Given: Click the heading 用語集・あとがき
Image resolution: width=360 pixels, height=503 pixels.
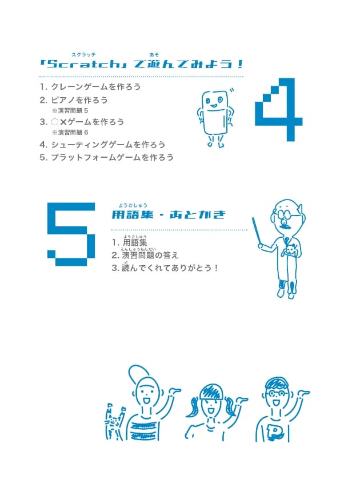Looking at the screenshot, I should tap(169, 215).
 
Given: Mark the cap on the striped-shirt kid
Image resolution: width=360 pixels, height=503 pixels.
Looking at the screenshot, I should tap(140, 375).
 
